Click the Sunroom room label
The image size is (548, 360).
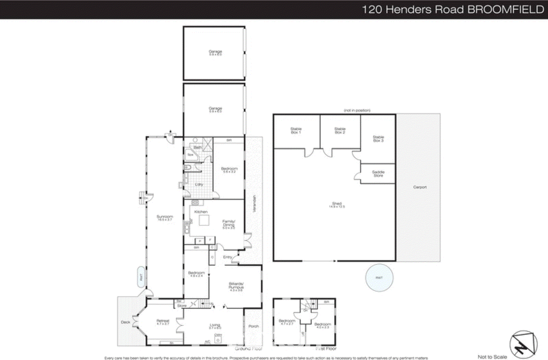point(165,218)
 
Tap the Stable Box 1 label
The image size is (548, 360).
point(296,130)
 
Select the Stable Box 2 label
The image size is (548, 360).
point(340,130)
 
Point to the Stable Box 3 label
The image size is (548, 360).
point(378,139)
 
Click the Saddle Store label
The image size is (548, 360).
point(378,173)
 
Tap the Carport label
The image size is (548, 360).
point(420,187)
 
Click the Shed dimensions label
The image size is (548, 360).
point(337,206)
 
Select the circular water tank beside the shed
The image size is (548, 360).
point(379,278)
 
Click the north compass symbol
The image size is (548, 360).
point(523,345)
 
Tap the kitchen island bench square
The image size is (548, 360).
point(204,221)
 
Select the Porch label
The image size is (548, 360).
point(253,326)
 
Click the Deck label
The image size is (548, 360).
point(125,322)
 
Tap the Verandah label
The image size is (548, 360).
point(254,203)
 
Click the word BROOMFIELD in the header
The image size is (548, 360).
point(506,9)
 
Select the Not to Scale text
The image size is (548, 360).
point(492,357)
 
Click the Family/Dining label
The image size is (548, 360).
point(229,224)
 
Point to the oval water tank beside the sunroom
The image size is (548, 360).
point(141,277)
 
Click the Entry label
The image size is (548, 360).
point(227,257)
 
